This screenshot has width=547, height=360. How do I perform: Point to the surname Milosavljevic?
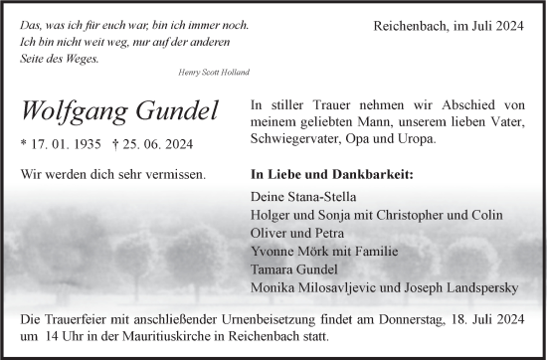[x=348, y=288]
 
